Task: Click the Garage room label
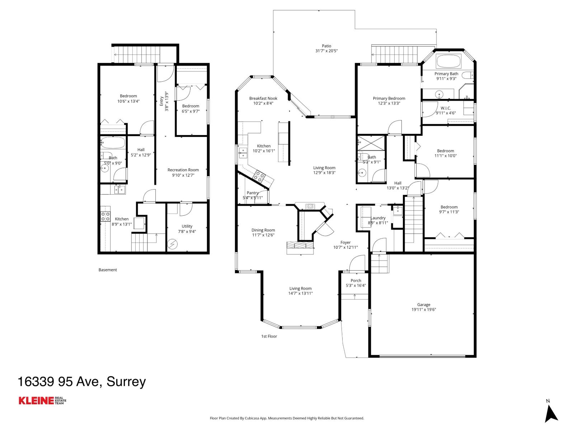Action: pyautogui.click(x=424, y=305)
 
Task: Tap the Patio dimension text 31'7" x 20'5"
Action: pyautogui.click(x=326, y=51)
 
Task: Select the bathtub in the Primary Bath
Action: pyautogui.click(x=448, y=61)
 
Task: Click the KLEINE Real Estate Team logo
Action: pyautogui.click(x=42, y=401)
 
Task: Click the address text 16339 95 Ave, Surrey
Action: pyautogui.click(x=82, y=382)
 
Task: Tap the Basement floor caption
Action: pyautogui.click(x=108, y=270)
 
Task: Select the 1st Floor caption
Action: pyautogui.click(x=269, y=336)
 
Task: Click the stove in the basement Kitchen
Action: pyautogui.click(x=105, y=216)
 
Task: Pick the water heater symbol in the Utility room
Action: pyautogui.click(x=173, y=244)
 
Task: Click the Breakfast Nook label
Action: pyautogui.click(x=263, y=98)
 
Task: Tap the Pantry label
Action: pyautogui.click(x=253, y=193)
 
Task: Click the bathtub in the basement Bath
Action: pyautogui.click(x=113, y=143)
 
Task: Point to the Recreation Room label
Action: pyautogui.click(x=183, y=170)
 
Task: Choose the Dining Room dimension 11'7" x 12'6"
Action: pyautogui.click(x=263, y=235)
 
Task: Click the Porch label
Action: pyautogui.click(x=356, y=281)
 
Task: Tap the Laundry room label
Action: pyautogui.click(x=378, y=218)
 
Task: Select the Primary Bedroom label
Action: pyautogui.click(x=389, y=98)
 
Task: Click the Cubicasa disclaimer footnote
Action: pyautogui.click(x=287, y=418)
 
